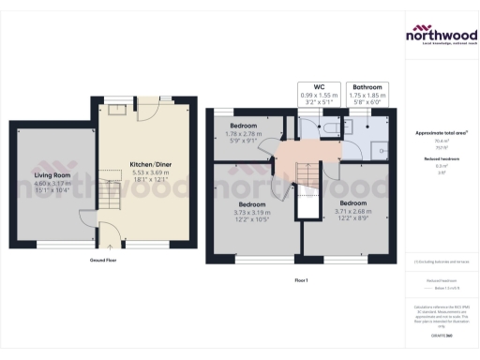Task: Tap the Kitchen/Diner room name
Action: click(151, 164)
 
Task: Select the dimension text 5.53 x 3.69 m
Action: click(151, 173)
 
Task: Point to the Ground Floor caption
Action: click(103, 260)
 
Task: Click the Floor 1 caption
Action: click(301, 279)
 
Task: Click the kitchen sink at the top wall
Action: click(118, 110)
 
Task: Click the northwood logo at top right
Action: click(441, 36)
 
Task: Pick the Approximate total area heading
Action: click(441, 133)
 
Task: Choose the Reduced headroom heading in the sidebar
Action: click(441, 160)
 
